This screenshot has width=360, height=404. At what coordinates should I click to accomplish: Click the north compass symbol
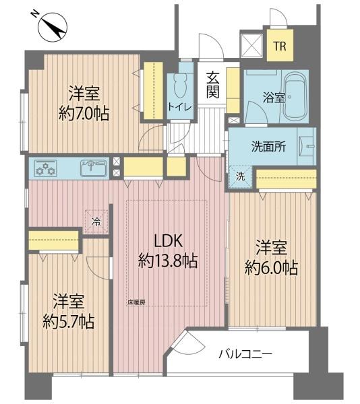click(x=53, y=27)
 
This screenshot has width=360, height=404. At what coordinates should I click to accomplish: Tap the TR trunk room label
click(x=280, y=46)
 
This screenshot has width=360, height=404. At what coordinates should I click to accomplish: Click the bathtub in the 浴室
click(x=295, y=96)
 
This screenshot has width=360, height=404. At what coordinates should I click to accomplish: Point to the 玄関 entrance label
click(x=213, y=85)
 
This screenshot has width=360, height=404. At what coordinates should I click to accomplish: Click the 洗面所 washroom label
click(x=268, y=147)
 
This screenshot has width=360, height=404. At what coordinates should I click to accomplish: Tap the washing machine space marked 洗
click(x=241, y=176)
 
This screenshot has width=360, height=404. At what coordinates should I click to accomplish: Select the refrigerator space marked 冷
click(x=96, y=222)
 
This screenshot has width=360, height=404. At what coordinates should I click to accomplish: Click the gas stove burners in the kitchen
click(x=45, y=168)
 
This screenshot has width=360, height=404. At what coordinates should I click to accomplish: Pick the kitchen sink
click(x=94, y=168)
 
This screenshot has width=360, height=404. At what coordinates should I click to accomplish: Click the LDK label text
click(x=168, y=242)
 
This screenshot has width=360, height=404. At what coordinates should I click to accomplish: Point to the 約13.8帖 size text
click(x=168, y=261)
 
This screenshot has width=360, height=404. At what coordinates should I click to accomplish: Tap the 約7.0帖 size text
click(x=84, y=114)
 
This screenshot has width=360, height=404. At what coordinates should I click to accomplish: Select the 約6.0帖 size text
click(x=272, y=267)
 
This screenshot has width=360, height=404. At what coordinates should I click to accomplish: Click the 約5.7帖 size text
click(x=68, y=321)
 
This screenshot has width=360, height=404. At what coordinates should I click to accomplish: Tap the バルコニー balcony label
click(x=245, y=354)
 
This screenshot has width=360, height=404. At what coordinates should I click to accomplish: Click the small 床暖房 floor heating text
click(x=136, y=302)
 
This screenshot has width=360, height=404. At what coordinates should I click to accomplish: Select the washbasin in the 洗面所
click(x=307, y=146)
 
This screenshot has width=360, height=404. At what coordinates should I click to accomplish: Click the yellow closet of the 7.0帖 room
click(x=153, y=91)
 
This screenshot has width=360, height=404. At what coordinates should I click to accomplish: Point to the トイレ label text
click(x=180, y=106)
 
